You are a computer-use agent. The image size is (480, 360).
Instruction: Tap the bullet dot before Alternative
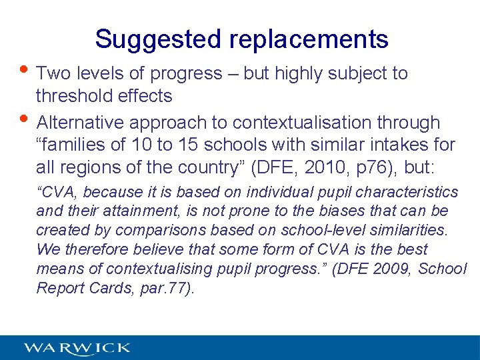[x=22, y=121]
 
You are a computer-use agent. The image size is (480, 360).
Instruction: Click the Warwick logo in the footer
[x=77, y=348]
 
